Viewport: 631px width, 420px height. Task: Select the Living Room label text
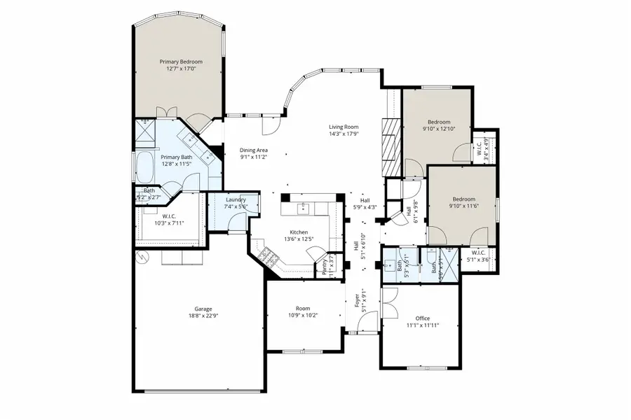[x=344, y=127]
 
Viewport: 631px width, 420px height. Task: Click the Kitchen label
[x=299, y=232]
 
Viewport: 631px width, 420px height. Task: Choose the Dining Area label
[x=254, y=150]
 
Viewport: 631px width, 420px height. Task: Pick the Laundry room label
[x=236, y=199]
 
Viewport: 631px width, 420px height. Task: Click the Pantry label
[x=325, y=265]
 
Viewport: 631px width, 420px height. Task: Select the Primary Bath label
[x=177, y=157]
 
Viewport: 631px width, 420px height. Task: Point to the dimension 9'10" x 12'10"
[x=439, y=129]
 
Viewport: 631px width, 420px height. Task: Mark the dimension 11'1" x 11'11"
[x=422, y=325]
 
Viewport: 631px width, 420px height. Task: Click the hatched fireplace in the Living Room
[x=390, y=146]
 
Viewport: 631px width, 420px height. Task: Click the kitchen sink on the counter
[x=304, y=207]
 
